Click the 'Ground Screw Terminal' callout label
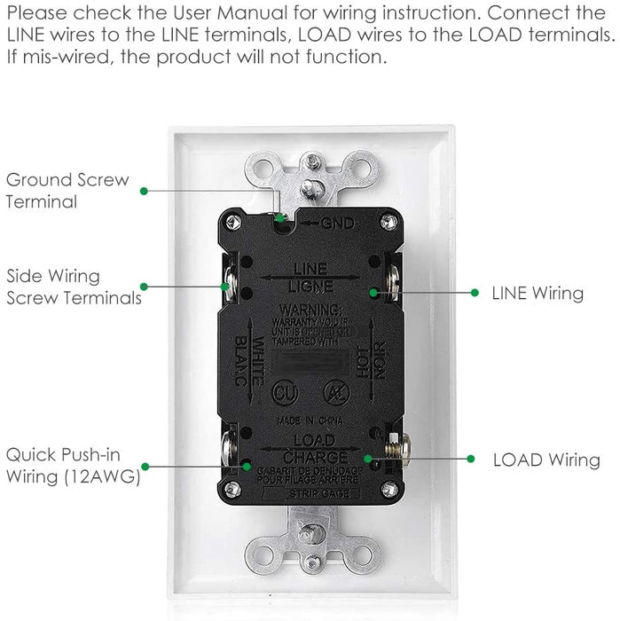[67, 191]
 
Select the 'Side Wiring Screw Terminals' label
[74, 287]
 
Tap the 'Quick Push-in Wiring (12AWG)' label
[74, 465]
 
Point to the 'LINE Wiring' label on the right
[538, 293]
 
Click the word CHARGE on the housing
[311, 456]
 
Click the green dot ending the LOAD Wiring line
[365, 459]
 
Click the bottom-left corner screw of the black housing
[232, 489]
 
